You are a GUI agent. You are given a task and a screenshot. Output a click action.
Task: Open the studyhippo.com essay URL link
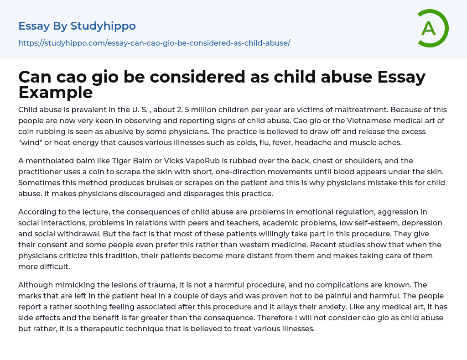click(154, 43)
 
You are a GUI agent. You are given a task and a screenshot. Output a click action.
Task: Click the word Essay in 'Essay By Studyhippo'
click(34, 26)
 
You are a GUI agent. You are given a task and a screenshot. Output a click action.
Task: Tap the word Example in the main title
click(56, 93)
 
